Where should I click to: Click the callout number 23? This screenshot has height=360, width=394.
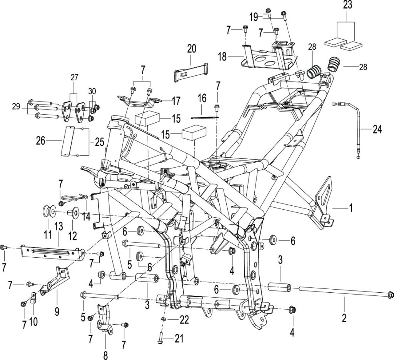(347, 5)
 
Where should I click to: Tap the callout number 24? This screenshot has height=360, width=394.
(377, 130)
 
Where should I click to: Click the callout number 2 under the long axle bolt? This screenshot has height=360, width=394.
(344, 318)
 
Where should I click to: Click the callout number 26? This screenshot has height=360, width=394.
(41, 141)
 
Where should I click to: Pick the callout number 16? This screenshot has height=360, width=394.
(202, 98)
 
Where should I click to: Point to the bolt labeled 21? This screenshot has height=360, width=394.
(160, 337)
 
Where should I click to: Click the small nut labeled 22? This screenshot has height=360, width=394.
(163, 319)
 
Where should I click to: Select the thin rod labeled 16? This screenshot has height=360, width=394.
(205, 117)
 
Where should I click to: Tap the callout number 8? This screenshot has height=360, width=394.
(105, 355)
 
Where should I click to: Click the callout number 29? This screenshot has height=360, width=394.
(16, 107)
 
